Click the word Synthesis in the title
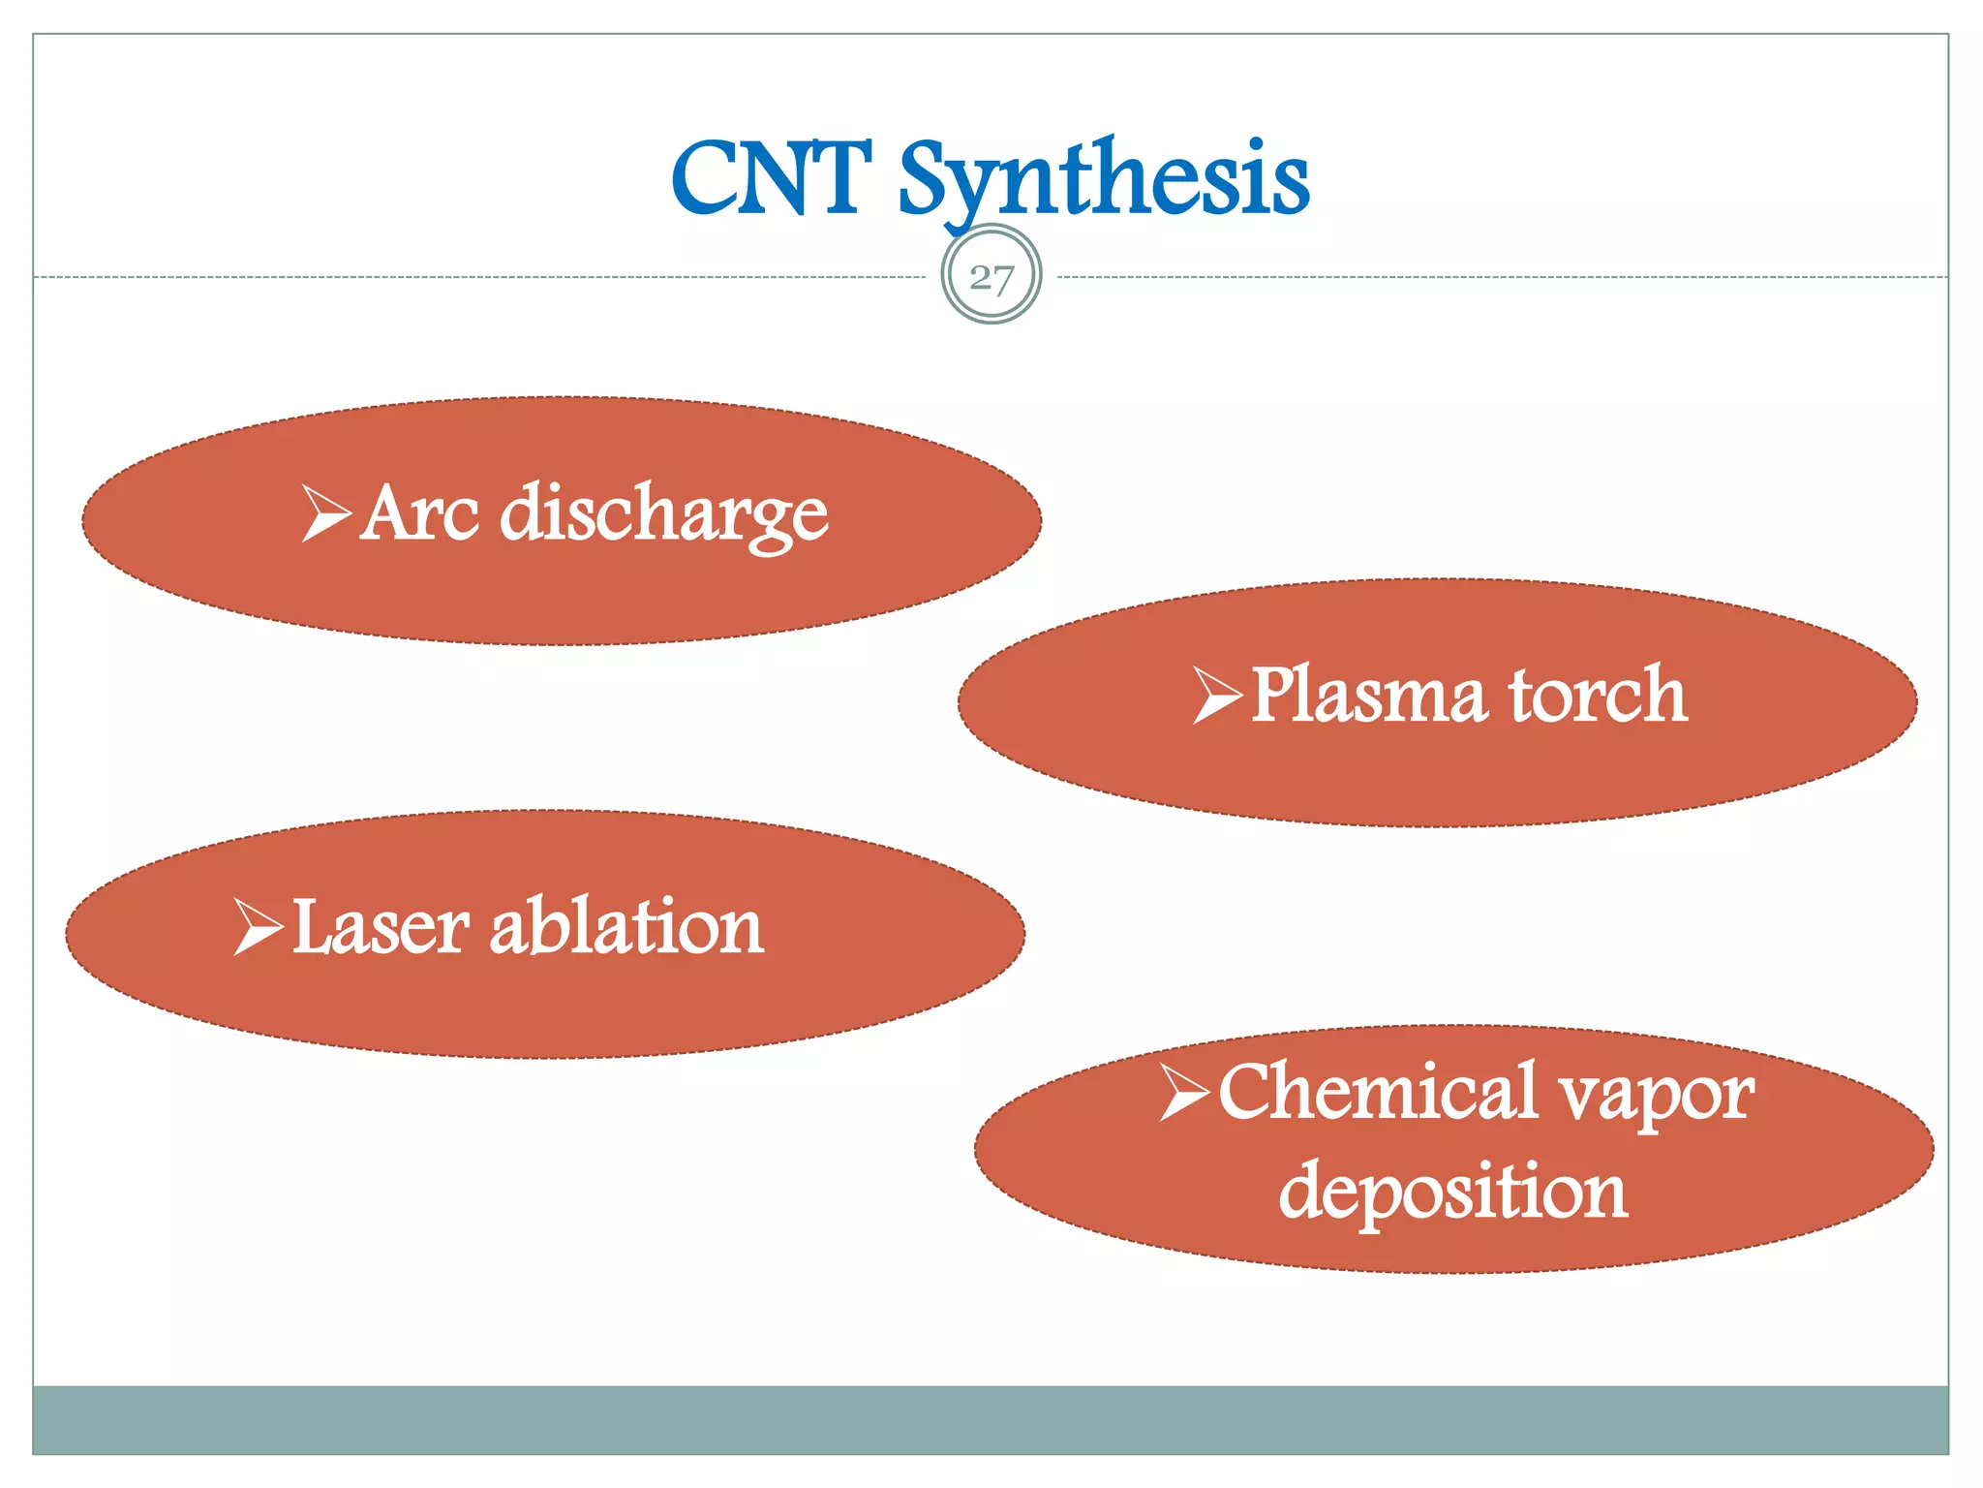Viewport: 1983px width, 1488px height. coord(1104,179)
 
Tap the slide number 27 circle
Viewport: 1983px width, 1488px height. coord(991,277)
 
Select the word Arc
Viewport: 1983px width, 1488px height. coord(418,513)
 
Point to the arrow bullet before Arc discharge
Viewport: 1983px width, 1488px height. coord(325,513)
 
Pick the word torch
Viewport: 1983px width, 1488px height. coord(1599,696)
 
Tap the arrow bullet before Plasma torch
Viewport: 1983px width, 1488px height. coord(1217,695)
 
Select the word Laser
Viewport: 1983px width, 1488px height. coord(381,928)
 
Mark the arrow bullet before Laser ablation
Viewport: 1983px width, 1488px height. coord(258,927)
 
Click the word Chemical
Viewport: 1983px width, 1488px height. coord(1378,1092)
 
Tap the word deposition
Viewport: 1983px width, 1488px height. coord(1452,1193)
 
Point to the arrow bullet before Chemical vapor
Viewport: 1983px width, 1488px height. coord(1184,1092)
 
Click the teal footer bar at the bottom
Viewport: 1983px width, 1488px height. coord(991,1419)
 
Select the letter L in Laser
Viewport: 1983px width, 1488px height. coord(315,927)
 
